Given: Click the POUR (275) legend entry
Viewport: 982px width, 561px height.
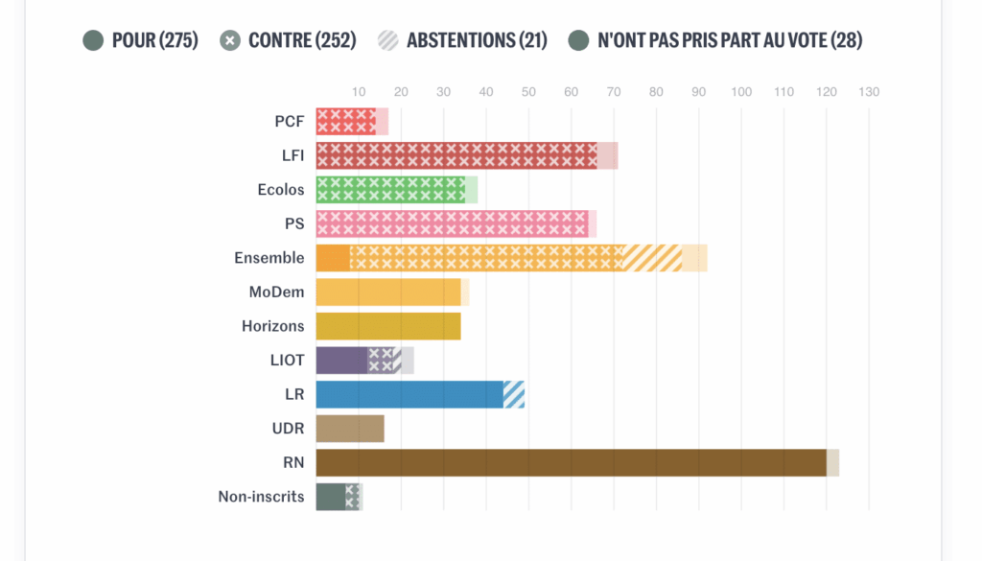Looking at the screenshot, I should click(x=140, y=40).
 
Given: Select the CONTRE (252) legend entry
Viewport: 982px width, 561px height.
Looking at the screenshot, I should click(x=288, y=40).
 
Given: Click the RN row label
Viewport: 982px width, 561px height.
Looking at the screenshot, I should click(x=293, y=462).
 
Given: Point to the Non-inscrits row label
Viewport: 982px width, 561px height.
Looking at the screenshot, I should click(x=261, y=497).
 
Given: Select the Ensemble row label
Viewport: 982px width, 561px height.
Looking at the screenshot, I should click(x=269, y=258).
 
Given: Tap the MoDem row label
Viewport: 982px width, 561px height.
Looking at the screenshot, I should click(x=276, y=292).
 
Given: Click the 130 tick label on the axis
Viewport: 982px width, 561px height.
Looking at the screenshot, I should click(x=868, y=92).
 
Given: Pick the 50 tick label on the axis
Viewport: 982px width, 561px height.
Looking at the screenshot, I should click(x=528, y=92).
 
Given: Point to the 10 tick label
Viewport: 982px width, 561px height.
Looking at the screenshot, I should click(x=359, y=92).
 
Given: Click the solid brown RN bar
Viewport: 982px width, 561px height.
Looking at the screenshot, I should click(x=571, y=462).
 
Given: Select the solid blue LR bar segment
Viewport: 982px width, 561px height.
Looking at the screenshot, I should click(x=409, y=394).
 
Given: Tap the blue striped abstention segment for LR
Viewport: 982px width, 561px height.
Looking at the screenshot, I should click(x=514, y=394).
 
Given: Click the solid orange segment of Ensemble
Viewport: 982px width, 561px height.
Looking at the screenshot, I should click(x=333, y=258).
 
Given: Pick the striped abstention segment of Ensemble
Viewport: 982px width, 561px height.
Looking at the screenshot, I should click(x=654, y=258).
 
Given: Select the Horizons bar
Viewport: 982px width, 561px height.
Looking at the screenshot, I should click(x=388, y=326).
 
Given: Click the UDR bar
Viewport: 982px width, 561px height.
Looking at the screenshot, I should click(x=350, y=429).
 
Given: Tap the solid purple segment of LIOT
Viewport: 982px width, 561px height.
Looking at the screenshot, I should click(x=341, y=361).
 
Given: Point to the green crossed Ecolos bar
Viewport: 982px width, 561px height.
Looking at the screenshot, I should click(x=390, y=189).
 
